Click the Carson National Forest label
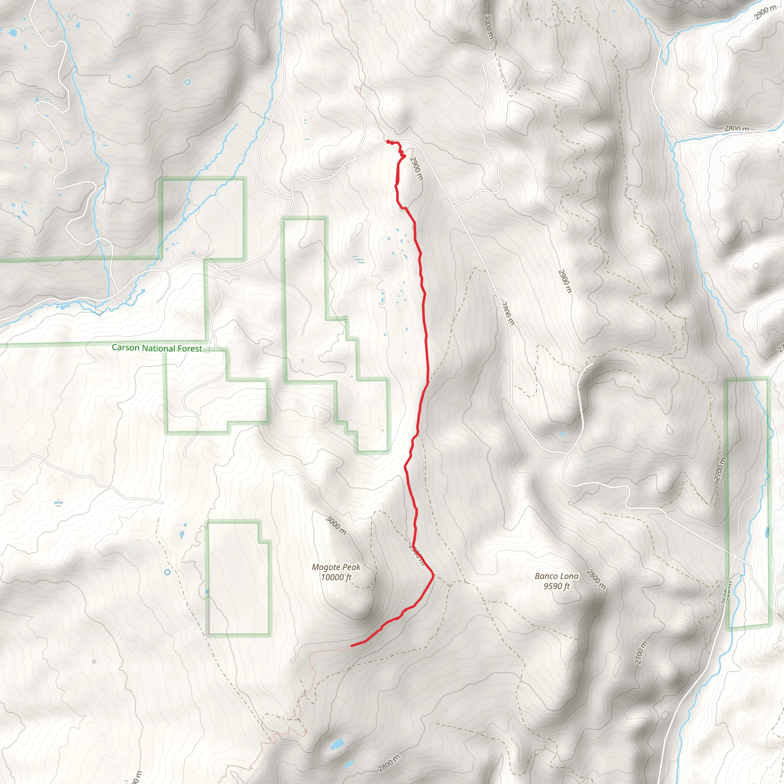157,348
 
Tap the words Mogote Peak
336,567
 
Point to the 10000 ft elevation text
336,577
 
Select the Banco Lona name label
556,576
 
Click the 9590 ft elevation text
556,586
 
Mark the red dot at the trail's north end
388,142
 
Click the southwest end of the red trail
352,645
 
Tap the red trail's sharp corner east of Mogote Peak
433,575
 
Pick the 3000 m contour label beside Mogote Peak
336,525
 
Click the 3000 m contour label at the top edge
489,27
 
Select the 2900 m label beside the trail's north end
416,168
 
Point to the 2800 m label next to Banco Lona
596,580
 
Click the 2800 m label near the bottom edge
389,763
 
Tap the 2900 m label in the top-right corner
765,12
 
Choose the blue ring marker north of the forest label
187,82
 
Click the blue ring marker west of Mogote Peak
167,572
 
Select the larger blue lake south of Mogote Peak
337,744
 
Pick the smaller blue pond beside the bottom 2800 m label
348,764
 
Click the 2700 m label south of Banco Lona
641,653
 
